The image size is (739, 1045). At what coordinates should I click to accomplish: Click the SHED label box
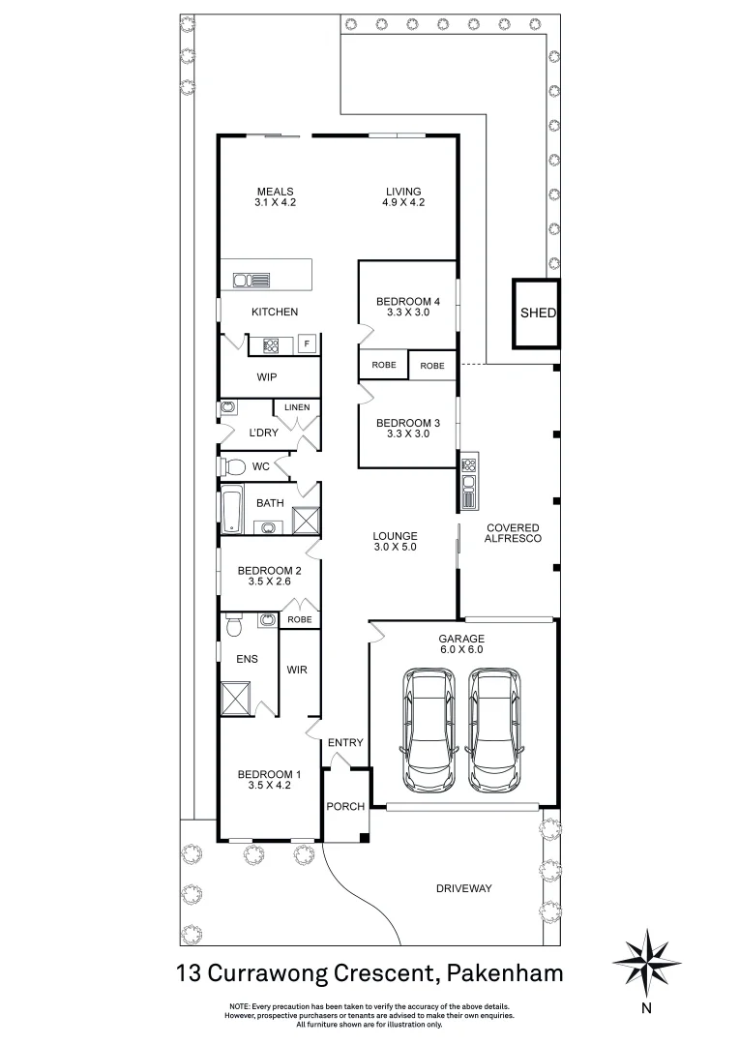click(x=538, y=313)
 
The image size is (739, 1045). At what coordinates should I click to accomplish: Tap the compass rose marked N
click(x=645, y=960)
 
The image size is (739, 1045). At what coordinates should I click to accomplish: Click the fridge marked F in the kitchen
click(x=307, y=344)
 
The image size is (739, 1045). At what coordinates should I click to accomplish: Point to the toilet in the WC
click(x=233, y=466)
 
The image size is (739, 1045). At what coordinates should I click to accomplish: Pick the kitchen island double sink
click(x=251, y=281)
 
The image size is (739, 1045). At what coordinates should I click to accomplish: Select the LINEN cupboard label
click(x=297, y=407)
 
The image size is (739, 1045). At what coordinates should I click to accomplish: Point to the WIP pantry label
click(x=267, y=377)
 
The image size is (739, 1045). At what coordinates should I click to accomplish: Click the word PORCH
click(x=344, y=806)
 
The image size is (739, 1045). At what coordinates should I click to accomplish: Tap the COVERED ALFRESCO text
click(x=513, y=532)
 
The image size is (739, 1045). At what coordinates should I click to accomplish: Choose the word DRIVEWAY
click(x=463, y=888)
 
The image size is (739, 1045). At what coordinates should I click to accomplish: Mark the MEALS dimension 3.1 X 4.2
click(x=275, y=203)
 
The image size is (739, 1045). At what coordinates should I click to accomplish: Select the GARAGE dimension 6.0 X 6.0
click(x=460, y=650)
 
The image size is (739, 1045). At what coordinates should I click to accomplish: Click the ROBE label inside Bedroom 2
click(x=300, y=619)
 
